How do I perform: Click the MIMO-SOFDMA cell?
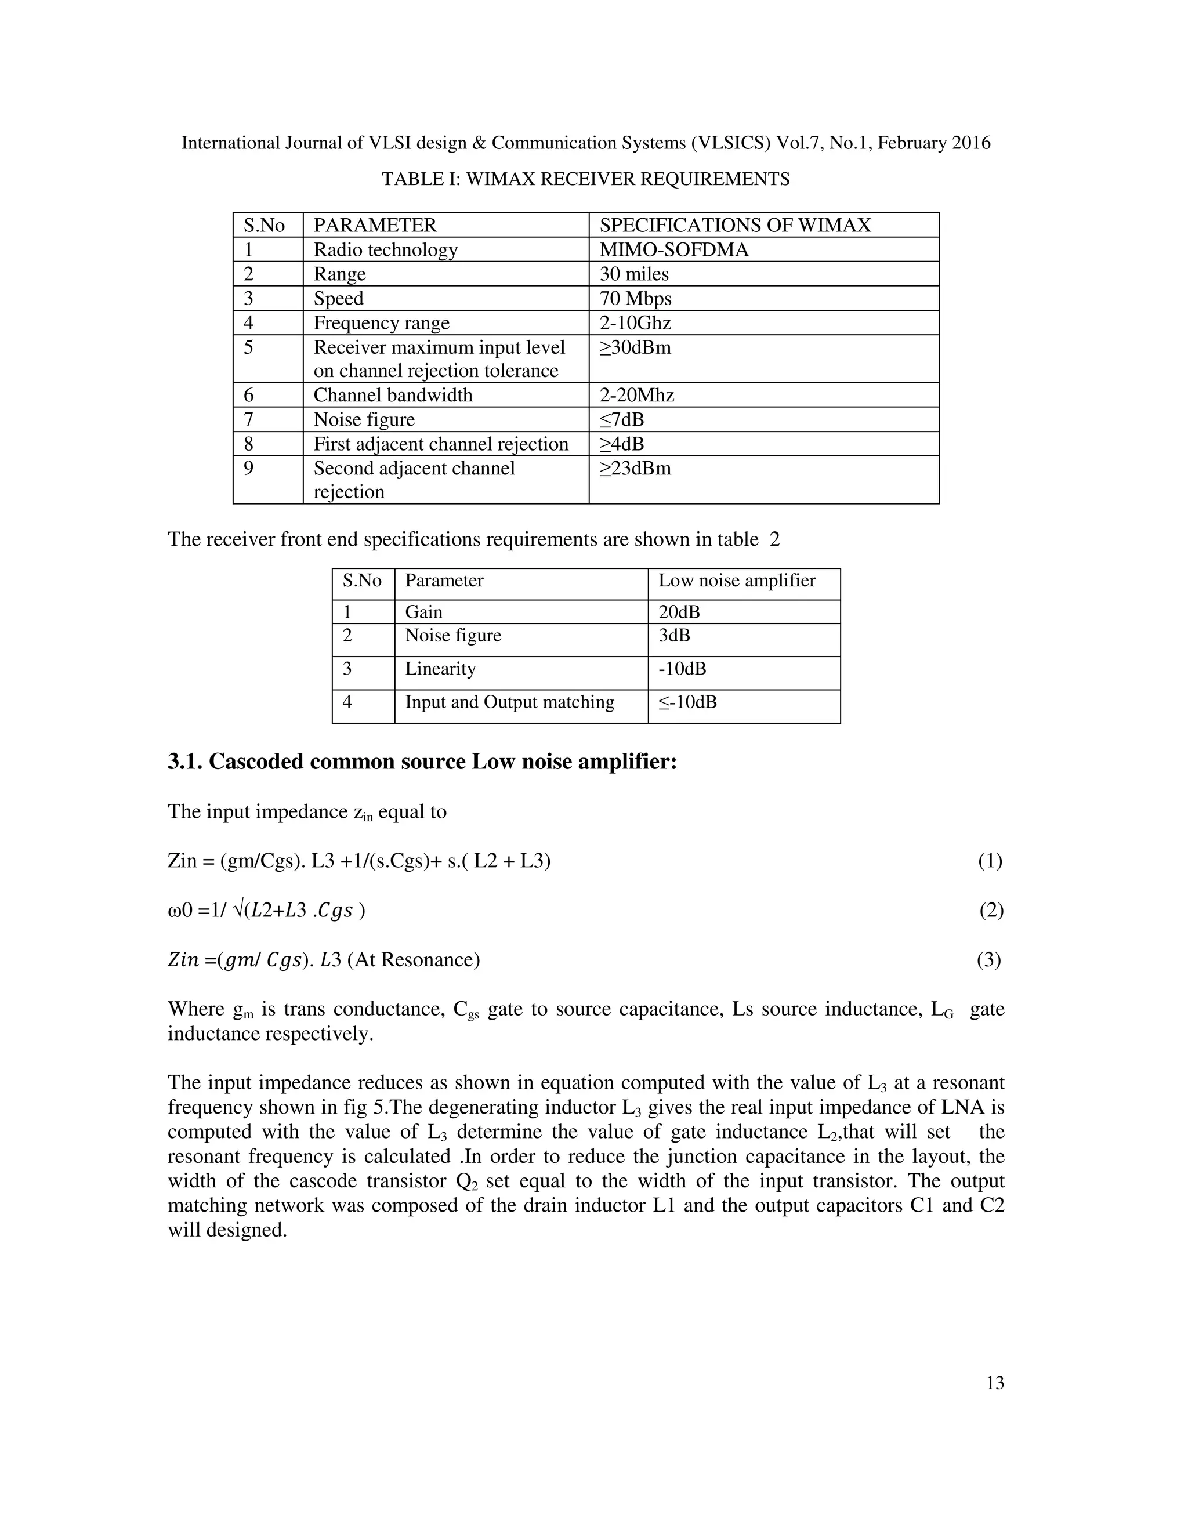pos(673,250)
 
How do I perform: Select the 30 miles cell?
pos(633,274)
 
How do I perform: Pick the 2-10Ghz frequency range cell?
pos(635,323)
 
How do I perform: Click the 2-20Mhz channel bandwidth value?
pos(636,395)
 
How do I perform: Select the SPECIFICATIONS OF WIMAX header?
pos(735,225)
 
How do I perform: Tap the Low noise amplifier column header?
pos(736,581)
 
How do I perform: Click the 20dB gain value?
pos(679,611)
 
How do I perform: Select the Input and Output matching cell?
pos(509,702)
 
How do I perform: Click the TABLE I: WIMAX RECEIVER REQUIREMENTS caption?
pos(585,179)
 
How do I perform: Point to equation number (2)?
pos(991,911)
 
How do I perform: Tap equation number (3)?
pos(989,960)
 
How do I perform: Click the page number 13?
pos(994,1383)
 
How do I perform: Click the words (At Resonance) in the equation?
pos(413,960)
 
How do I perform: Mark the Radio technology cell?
pos(385,250)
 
